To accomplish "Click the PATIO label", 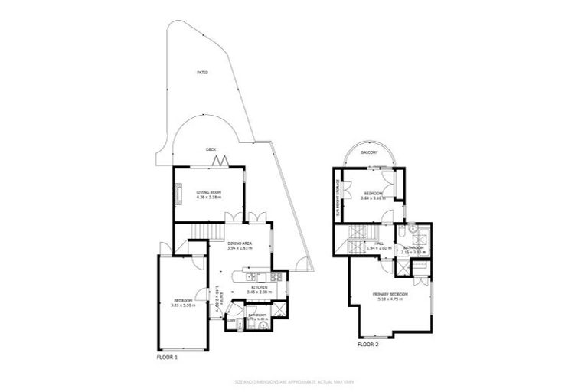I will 202,73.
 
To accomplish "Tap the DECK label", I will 210,150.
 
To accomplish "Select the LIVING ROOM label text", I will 208,192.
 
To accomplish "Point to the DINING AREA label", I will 240,243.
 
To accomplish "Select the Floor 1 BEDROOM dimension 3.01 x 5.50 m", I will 183,305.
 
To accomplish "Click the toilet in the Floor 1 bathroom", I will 263,325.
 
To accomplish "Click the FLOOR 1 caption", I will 166,357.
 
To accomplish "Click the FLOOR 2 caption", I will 367,345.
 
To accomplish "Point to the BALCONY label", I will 370,152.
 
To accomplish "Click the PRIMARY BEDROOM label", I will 390,295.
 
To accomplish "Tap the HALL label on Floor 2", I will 379,243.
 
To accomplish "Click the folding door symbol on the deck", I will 220,161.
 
